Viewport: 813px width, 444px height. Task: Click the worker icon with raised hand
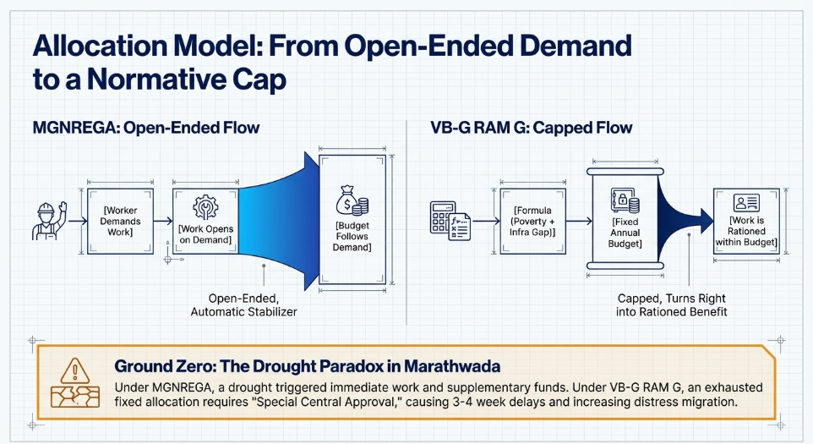tap(47, 220)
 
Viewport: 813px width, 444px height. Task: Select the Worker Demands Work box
tap(121, 222)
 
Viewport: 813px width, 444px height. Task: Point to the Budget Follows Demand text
tap(352, 236)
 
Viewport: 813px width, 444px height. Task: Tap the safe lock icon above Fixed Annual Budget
tap(626, 202)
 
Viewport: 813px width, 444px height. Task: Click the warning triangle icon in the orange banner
tap(75, 369)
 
